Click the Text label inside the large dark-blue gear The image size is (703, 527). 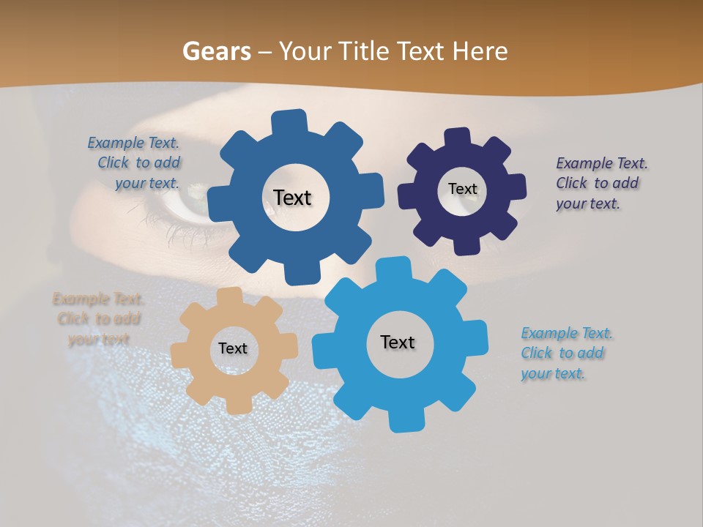pyautogui.click(x=292, y=198)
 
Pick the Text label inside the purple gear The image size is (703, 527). pyautogui.click(x=462, y=189)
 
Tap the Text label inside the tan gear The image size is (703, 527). pyautogui.click(x=233, y=349)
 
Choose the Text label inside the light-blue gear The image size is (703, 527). pyautogui.click(x=398, y=343)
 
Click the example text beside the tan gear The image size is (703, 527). pyautogui.click(x=98, y=319)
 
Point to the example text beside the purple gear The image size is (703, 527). pyautogui.click(x=601, y=183)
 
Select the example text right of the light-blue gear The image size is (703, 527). pyautogui.click(x=566, y=353)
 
